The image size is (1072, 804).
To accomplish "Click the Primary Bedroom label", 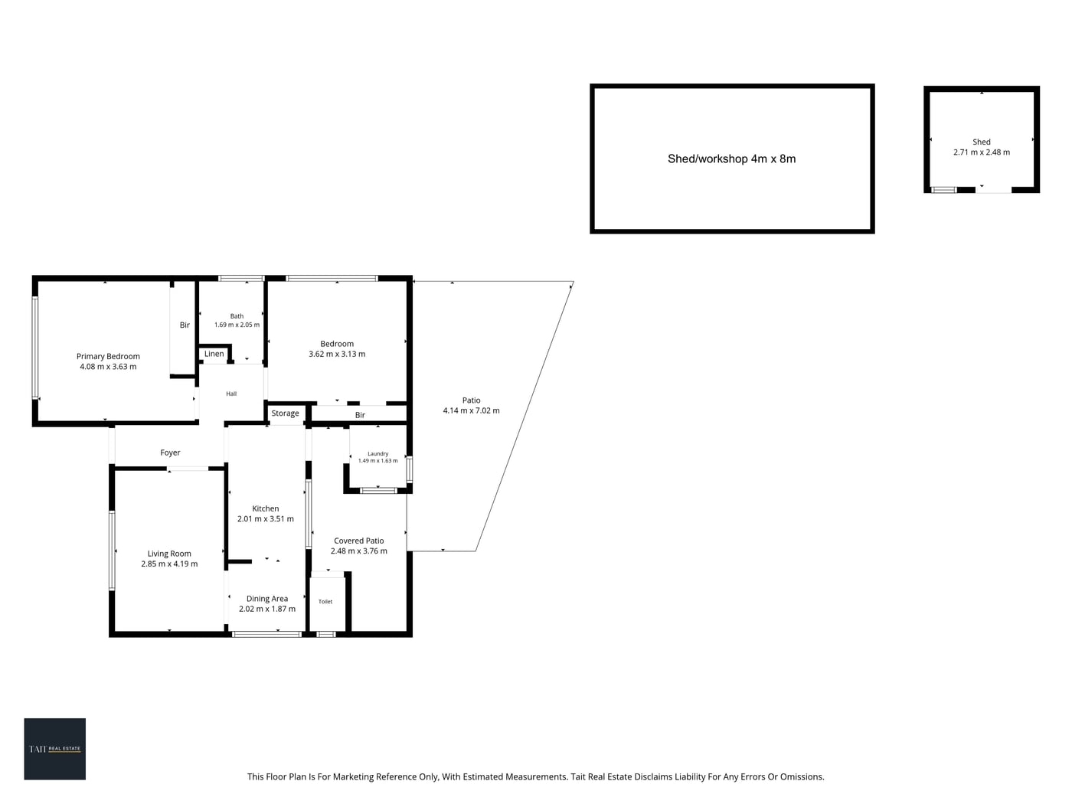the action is coord(108,356).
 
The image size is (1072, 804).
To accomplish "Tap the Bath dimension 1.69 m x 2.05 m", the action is coord(237,325).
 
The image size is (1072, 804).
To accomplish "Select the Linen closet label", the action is coord(214,354).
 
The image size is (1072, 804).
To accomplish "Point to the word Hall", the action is coord(231,394).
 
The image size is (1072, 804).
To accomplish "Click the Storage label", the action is coord(285,413).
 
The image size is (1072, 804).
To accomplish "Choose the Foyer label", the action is coord(171,453).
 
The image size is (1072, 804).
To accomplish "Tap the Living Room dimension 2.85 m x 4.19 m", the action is coord(169,564).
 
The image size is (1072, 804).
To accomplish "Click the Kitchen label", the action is coord(266,508).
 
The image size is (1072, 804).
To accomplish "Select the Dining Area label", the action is coord(267,599).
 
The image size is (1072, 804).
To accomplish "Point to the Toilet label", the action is coord(325,601).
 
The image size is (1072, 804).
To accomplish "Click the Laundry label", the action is coord(378,453).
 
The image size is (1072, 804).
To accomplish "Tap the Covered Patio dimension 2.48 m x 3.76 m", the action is coord(359,551).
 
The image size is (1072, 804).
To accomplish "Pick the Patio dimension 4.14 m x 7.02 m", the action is coord(471,410).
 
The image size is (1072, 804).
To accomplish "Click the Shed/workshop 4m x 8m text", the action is coord(731,159).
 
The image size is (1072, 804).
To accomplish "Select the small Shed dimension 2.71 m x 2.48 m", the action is coord(982,152).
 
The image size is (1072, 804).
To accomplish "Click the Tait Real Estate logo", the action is coord(54,749).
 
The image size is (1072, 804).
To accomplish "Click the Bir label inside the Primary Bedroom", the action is coord(185,325).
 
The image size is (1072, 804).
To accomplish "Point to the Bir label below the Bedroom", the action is coord(360,415).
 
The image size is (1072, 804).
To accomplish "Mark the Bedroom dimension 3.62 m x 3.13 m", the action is coord(337,354).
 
